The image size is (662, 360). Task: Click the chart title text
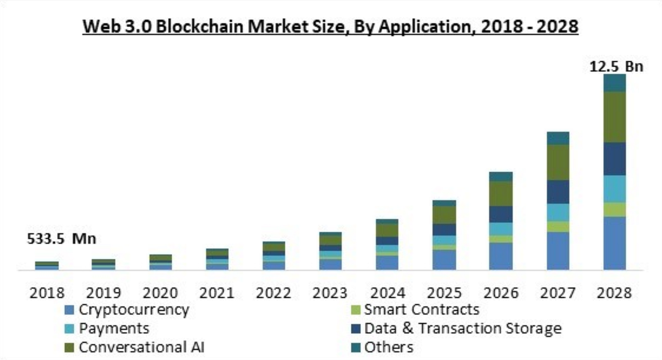tap(331, 27)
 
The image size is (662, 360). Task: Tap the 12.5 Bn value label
tap(616, 66)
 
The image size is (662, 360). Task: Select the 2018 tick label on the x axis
tap(47, 293)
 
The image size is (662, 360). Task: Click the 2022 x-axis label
tap(274, 293)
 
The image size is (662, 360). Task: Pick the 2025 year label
tap(444, 293)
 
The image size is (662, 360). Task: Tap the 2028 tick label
tap(614, 293)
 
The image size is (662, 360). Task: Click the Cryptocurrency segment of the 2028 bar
tap(614, 243)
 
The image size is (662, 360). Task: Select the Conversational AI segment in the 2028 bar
tap(614, 117)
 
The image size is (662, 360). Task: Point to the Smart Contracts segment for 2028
tap(614, 210)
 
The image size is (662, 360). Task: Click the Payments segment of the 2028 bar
tap(614, 189)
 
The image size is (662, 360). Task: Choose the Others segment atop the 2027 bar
tap(558, 138)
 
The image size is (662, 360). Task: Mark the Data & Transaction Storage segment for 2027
tap(558, 192)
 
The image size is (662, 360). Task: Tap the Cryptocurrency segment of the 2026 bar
tap(501, 256)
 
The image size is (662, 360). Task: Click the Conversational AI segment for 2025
tap(444, 215)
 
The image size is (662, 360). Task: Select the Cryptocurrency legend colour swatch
tap(70, 310)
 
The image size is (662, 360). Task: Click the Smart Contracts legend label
tap(421, 310)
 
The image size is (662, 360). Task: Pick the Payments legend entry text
tap(114, 328)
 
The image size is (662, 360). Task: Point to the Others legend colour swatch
tap(355, 348)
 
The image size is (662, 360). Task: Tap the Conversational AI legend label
tap(142, 347)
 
